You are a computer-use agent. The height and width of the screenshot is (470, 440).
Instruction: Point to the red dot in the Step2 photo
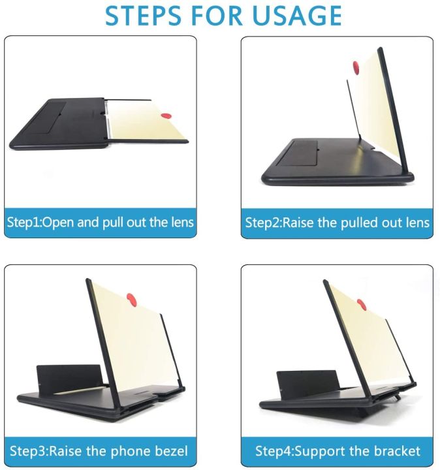[x=356, y=67]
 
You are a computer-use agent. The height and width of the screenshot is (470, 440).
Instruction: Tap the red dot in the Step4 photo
[x=361, y=304]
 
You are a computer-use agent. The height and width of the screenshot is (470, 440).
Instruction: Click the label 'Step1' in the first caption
[x=24, y=222]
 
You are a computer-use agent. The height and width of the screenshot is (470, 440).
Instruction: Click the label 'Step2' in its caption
[x=262, y=223]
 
